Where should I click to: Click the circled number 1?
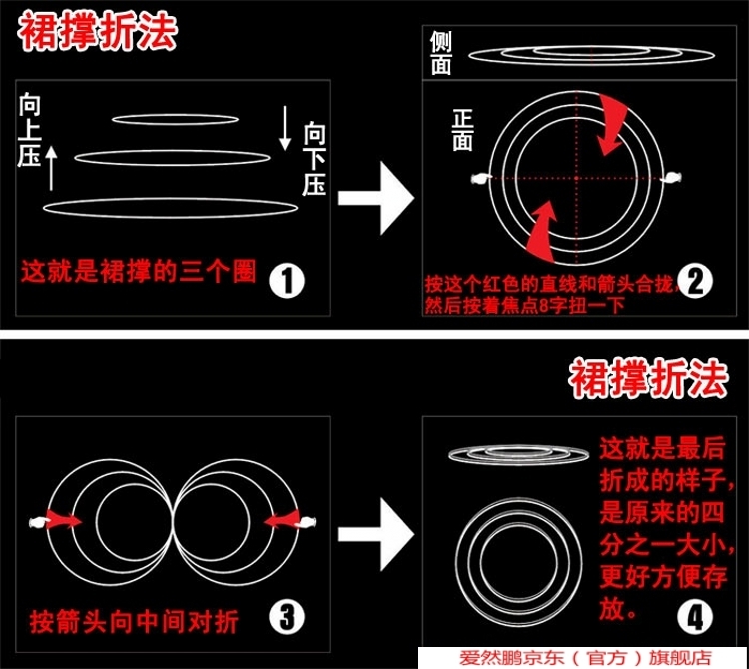(286, 280)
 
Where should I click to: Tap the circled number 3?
(286, 616)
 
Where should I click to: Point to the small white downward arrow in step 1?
(286, 129)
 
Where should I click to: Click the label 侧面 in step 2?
(440, 53)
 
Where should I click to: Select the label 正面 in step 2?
(462, 131)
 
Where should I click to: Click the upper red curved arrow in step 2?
(612, 124)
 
